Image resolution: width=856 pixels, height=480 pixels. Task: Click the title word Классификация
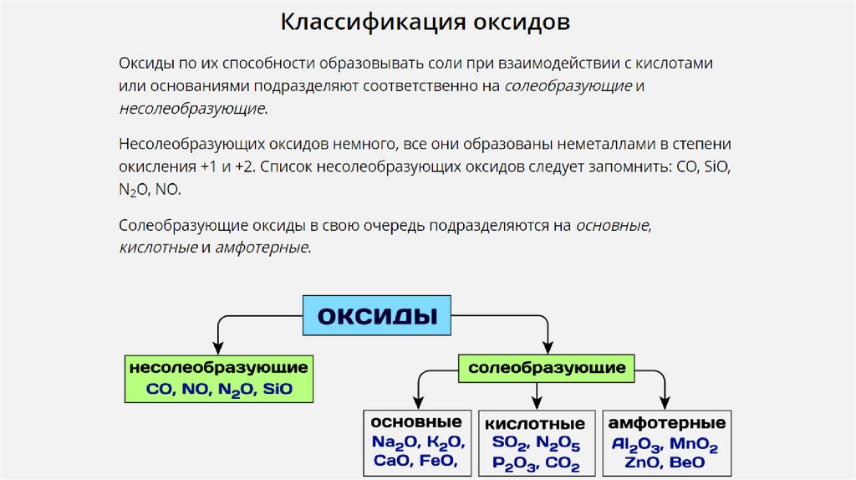[364, 22]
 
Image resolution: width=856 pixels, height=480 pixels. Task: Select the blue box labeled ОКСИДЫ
[376, 316]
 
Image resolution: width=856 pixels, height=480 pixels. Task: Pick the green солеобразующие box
[547, 368]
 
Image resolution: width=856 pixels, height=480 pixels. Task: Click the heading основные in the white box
[416, 421]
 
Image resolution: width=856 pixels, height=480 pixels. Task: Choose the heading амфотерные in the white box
[666, 421]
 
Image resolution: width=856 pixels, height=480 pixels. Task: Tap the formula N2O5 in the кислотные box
[558, 443]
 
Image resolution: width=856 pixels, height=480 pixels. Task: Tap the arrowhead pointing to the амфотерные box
[664, 401]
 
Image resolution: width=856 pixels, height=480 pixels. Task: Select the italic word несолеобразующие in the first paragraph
[191, 109]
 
